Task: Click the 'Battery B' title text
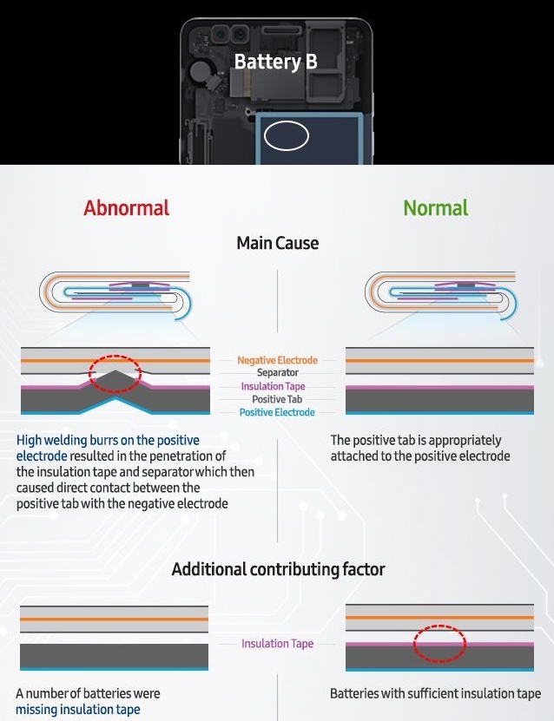pos(275,62)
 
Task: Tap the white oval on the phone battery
pos(286,135)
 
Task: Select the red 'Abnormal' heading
pos(127,208)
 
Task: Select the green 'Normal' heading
pos(435,208)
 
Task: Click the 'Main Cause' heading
pos(277,244)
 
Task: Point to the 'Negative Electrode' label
pos(277,360)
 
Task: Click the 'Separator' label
pos(277,373)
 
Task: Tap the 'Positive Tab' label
pos(277,399)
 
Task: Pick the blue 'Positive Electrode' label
pos(277,412)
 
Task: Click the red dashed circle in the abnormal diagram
pos(115,370)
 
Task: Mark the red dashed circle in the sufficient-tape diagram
pos(439,643)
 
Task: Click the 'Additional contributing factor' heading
pos(278,570)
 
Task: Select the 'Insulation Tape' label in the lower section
pos(277,644)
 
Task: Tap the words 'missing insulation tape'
pos(77,710)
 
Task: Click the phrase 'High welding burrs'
pos(64,441)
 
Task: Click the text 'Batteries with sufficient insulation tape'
pos(435,694)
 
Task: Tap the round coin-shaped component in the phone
pos(203,69)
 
